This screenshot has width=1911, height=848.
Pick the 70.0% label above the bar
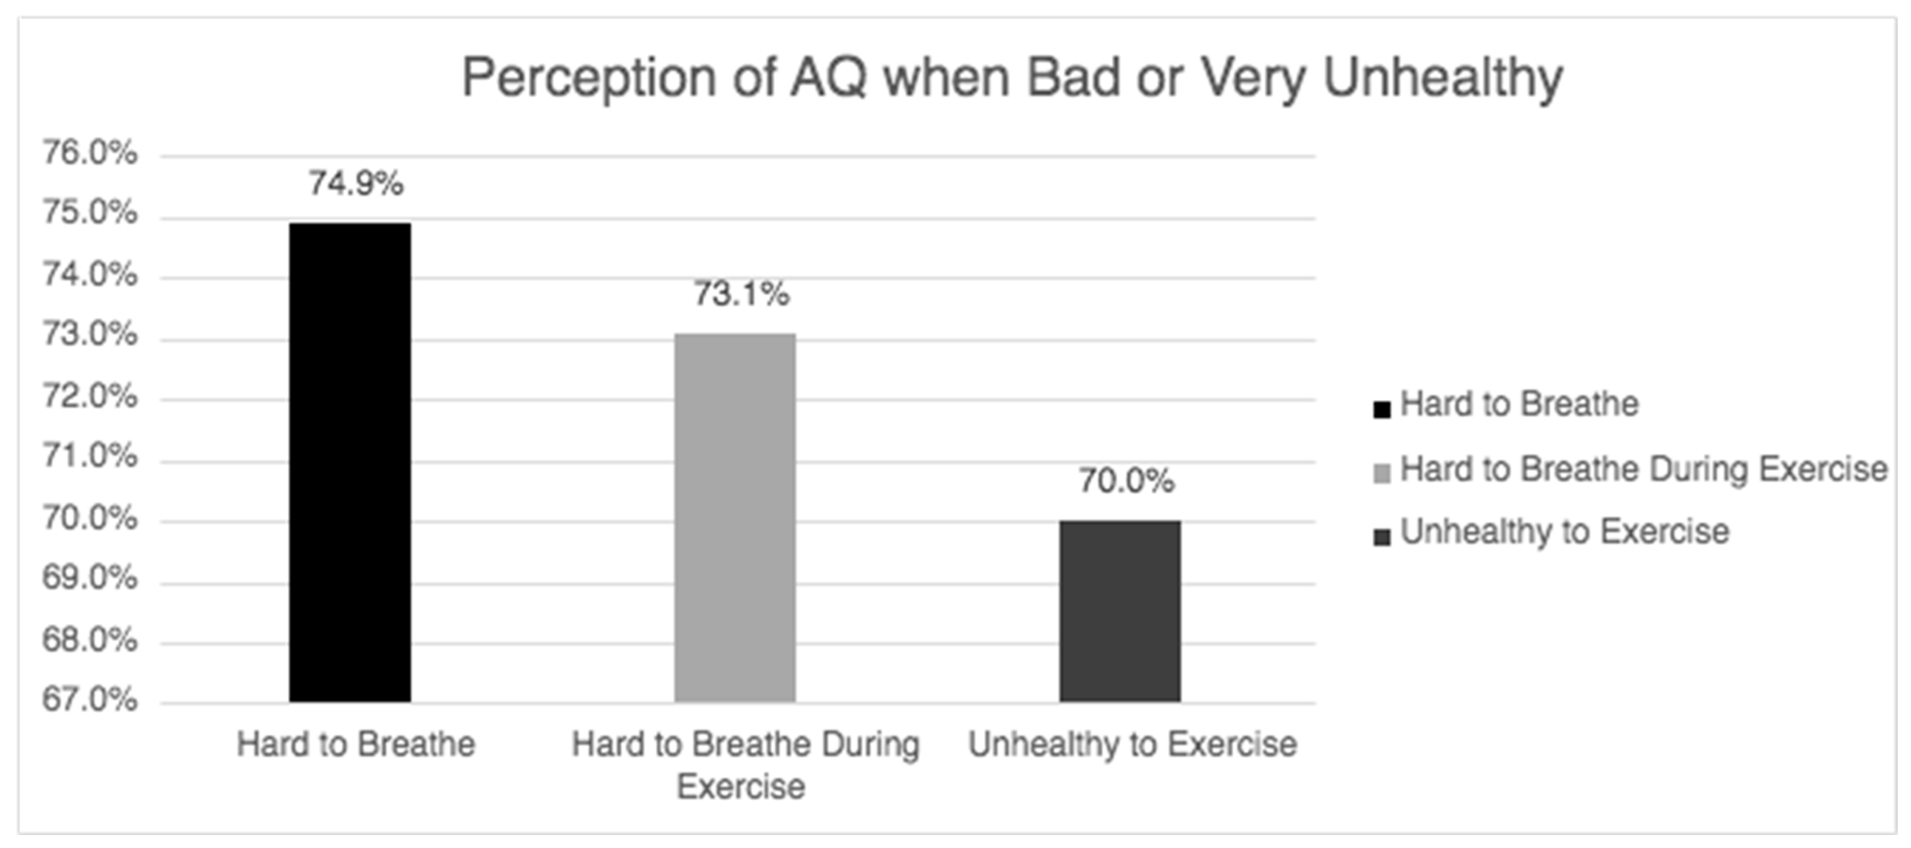(1126, 481)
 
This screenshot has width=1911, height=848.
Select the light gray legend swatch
(1381, 474)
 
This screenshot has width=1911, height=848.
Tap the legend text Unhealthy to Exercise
(1564, 532)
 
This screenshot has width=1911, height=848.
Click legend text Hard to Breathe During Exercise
(1643, 469)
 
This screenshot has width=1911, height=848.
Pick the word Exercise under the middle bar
(740, 786)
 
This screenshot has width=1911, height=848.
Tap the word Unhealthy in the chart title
(1443, 78)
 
